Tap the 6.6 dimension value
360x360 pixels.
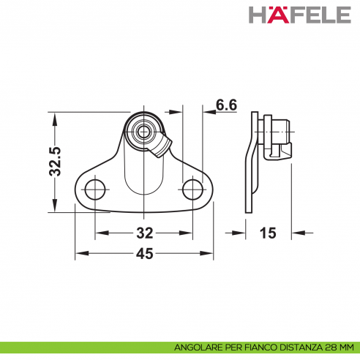tap(227, 105)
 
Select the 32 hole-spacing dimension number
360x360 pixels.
tap(145, 233)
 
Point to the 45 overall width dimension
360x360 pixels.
tap(145, 254)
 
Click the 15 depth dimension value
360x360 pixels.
tap(268, 233)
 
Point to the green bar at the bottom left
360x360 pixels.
tap(80, 347)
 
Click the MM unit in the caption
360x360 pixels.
tap(345, 347)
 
